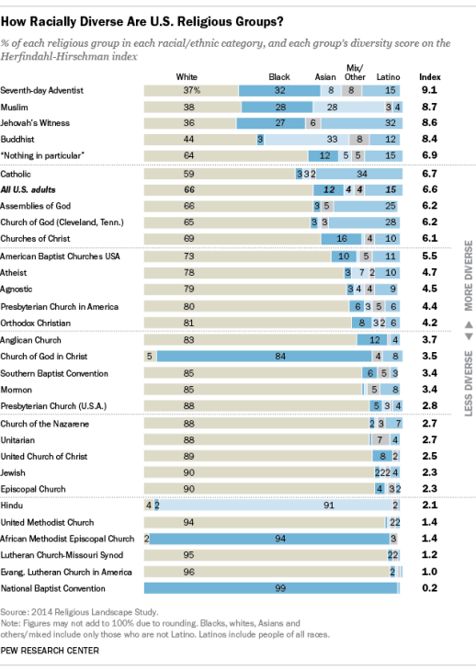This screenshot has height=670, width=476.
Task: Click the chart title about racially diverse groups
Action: [x=142, y=22]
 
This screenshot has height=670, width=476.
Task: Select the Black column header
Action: [x=279, y=77]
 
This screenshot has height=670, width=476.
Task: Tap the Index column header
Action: [x=429, y=77]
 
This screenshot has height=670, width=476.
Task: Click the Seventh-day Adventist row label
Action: [x=42, y=91]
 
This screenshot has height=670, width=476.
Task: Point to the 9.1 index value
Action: [x=429, y=90]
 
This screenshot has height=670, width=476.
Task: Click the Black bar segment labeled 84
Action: [x=264, y=357]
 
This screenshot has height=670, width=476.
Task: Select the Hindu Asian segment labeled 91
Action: [x=276, y=505]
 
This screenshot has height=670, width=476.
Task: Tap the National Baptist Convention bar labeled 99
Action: [x=271, y=588]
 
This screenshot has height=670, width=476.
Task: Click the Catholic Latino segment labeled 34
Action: [x=359, y=174]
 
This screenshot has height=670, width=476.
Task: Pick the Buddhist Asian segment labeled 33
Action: [x=306, y=140]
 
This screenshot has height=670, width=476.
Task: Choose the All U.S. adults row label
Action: [x=28, y=189]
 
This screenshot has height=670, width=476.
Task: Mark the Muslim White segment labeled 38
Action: [x=193, y=108]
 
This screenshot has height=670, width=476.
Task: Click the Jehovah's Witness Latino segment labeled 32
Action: [x=361, y=123]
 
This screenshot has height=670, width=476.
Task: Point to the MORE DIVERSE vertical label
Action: [x=469, y=276]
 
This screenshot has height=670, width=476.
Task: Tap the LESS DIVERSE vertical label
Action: [x=469, y=383]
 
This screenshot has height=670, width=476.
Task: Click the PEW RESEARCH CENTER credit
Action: [x=50, y=651]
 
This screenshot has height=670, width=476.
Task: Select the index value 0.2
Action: [x=429, y=588]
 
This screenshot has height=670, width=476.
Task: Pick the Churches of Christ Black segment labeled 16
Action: [x=342, y=239]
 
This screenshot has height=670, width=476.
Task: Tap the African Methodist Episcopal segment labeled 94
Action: [x=269, y=539]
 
